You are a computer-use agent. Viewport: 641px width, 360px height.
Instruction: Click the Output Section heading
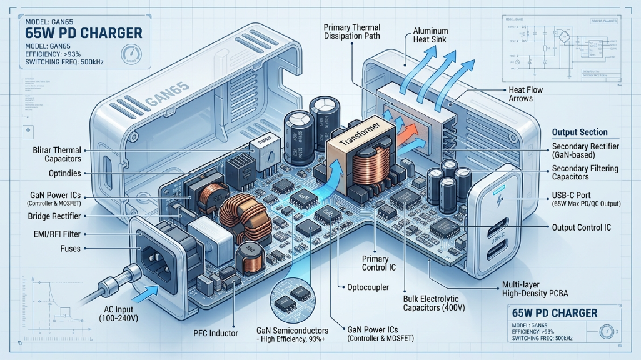[580, 132]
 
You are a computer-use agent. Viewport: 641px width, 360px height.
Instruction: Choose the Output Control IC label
[581, 228]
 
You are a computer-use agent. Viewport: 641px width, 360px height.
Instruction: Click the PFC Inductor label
[215, 333]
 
